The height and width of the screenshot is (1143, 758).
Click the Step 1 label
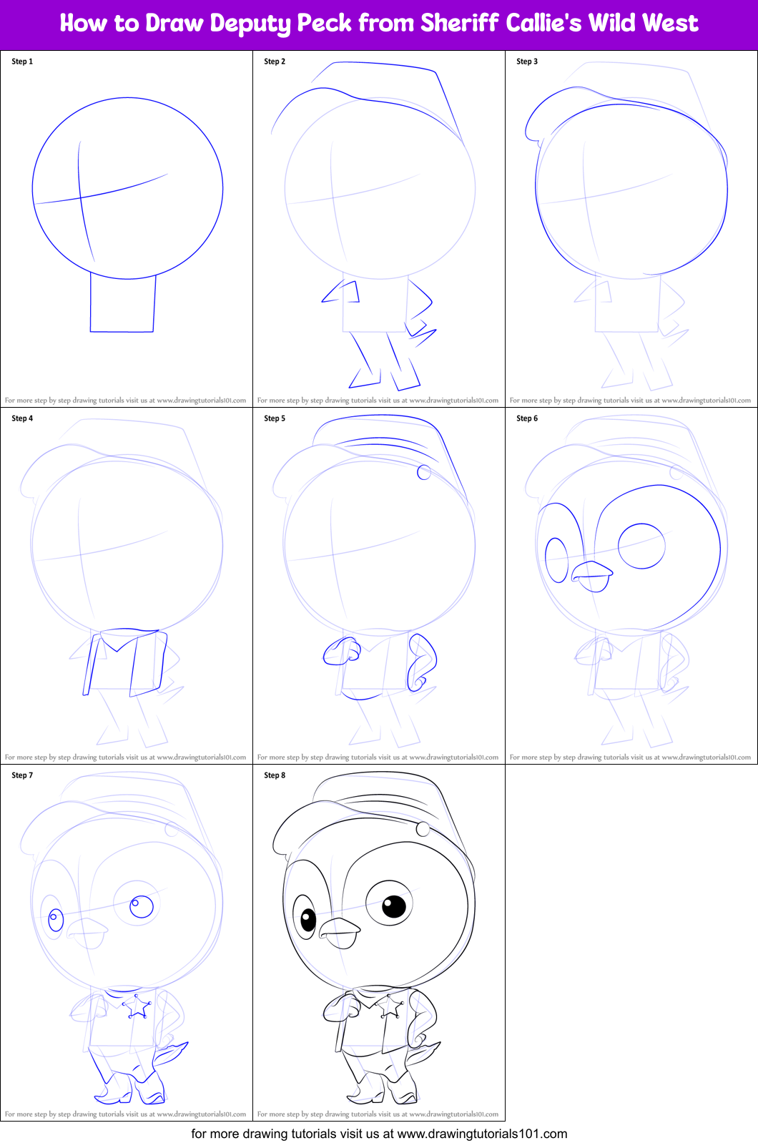pyautogui.click(x=22, y=62)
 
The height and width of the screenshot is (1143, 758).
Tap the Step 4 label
pyautogui.click(x=22, y=418)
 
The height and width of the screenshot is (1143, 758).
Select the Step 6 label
pyautogui.click(x=527, y=418)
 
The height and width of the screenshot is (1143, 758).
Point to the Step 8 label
pyautogui.click(x=275, y=775)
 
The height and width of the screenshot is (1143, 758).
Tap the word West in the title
pyautogui.click(x=669, y=23)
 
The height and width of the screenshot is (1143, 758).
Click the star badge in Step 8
pyautogui.click(x=389, y=1006)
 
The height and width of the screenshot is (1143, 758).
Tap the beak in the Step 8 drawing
pyautogui.click(x=339, y=930)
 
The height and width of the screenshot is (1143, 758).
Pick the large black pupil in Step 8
pyautogui.click(x=394, y=906)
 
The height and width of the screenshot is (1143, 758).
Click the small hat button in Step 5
pyautogui.click(x=424, y=472)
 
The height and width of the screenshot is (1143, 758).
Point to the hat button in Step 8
pyautogui.click(x=423, y=829)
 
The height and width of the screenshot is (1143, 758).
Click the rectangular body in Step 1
pyautogui.click(x=122, y=303)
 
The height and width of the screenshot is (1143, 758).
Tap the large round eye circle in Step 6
pyautogui.click(x=641, y=546)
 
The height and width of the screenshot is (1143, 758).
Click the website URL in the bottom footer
pyautogui.click(x=482, y=1134)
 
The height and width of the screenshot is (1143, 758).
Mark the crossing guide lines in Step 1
pyautogui.click(x=80, y=197)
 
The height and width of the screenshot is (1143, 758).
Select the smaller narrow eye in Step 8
pyautogui.click(x=305, y=916)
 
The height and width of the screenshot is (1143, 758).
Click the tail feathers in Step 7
pyautogui.click(x=172, y=1053)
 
